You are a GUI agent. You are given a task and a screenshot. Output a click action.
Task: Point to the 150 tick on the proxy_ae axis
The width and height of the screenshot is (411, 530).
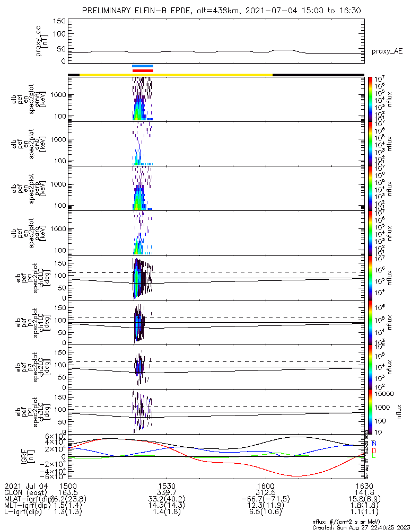[59, 21]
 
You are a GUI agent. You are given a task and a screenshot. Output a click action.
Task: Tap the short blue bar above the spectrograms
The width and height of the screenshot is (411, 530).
[143, 66]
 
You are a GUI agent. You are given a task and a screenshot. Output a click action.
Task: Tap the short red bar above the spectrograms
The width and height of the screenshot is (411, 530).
[143, 70]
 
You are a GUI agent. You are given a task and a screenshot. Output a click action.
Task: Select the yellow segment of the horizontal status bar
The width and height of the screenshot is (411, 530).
[176, 75]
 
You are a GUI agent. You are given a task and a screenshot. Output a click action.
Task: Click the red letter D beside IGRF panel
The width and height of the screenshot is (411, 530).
[374, 450]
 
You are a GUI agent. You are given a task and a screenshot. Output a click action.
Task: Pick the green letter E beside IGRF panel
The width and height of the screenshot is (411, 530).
[374, 456]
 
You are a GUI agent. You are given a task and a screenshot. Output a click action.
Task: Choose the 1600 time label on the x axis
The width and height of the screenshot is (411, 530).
[265, 485]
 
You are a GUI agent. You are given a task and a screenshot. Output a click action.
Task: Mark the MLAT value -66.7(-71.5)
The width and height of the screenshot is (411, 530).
[265, 499]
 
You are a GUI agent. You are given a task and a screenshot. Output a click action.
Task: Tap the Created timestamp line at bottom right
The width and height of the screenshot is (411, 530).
[360, 527]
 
